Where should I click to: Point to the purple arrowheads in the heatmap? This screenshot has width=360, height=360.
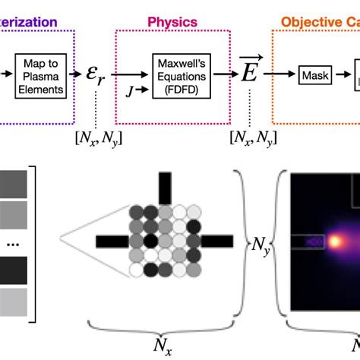click(312, 242)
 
